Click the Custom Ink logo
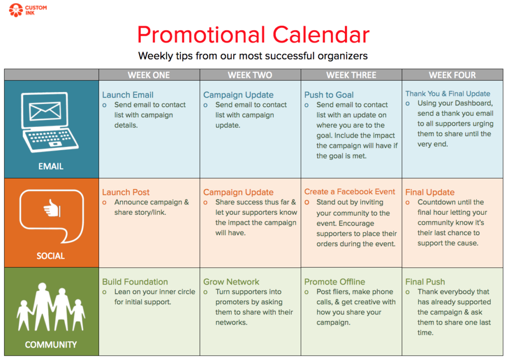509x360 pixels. coord(28,10)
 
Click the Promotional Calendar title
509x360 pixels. coord(253,35)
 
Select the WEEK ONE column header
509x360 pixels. coord(149,75)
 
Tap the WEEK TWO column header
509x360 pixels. coord(250,75)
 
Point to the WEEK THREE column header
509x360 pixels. coord(351,75)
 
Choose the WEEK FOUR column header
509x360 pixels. coord(452,75)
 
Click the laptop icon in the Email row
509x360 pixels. coord(50,122)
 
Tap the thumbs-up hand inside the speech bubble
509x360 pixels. coord(52,208)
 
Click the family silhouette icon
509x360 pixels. coord(51,307)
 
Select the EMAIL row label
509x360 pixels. coord(51,167)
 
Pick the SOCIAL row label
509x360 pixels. coord(51,256)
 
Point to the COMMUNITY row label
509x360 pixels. coord(51,345)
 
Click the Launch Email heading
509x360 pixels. coord(128,95)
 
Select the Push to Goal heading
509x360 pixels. coord(329,95)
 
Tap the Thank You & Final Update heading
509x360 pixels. coord(448,93)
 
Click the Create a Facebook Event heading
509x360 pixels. coord(349,191)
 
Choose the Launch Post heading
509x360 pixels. coord(126,192)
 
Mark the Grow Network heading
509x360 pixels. coord(231,282)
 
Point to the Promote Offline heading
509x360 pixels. coord(335,282)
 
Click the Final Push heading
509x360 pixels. coord(425,282)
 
